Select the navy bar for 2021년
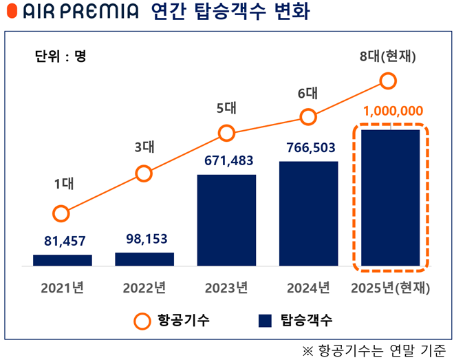(x=63, y=260)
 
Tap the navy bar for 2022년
(x=144, y=258)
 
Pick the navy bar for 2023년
(x=226, y=220)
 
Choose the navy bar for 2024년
(x=308, y=213)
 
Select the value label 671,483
(x=226, y=161)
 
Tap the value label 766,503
(x=308, y=148)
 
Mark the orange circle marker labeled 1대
(x=61, y=213)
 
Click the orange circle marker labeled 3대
(x=144, y=173)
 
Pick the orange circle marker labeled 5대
(x=226, y=133)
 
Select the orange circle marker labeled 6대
(x=308, y=117)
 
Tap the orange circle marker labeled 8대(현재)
(x=389, y=82)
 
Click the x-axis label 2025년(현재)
(x=390, y=288)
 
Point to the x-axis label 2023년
(x=226, y=288)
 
